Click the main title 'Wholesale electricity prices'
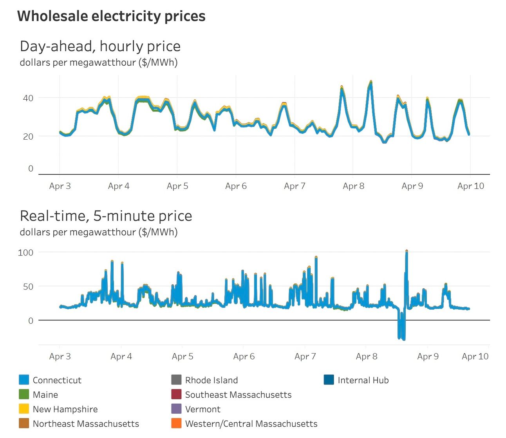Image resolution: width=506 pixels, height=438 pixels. click(111, 16)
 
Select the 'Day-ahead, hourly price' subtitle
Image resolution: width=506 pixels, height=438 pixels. click(100, 46)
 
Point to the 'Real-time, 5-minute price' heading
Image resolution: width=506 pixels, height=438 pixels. click(106, 216)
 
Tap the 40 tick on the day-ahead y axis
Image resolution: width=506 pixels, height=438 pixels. click(28, 98)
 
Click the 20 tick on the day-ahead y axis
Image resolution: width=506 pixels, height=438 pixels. click(28, 136)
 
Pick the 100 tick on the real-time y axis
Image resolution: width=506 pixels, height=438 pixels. click(26, 252)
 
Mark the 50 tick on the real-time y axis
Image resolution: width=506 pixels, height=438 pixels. click(28, 286)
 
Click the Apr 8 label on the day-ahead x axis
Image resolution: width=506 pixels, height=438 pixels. click(353, 186)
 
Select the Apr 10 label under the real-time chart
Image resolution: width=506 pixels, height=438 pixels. click(475, 356)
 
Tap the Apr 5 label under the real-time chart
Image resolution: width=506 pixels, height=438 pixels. click(183, 356)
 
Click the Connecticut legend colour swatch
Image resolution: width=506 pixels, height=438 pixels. click(24, 380)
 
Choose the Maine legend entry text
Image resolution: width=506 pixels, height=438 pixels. click(45, 395)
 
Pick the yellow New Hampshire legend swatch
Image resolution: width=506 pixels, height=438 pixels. click(24, 409)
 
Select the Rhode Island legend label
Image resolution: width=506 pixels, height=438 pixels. click(211, 380)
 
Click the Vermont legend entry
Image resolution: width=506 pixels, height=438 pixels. click(202, 409)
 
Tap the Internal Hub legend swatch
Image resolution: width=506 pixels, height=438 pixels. click(329, 380)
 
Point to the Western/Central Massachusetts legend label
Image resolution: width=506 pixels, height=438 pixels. click(251, 424)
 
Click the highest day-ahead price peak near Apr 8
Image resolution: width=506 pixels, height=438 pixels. click(371, 82)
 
